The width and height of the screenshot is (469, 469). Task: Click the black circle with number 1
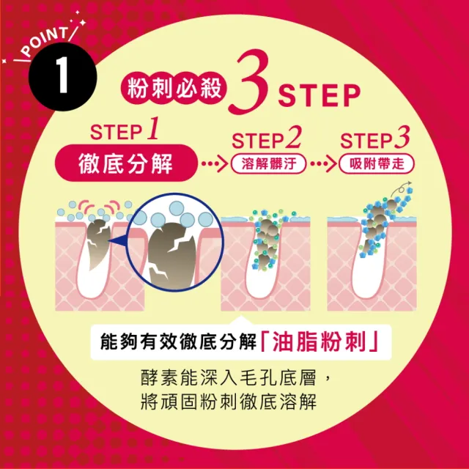coord(63,76)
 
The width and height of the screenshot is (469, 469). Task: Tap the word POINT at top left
coord(45,41)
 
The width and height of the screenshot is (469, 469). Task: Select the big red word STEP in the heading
coord(320,95)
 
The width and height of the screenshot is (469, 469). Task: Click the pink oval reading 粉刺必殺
coord(174,89)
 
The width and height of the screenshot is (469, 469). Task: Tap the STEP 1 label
coord(125,129)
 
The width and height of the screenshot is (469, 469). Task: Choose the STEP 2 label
coord(266,138)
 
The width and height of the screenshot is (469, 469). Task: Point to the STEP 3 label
coord(374,138)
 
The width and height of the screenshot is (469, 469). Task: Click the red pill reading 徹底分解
coord(126,163)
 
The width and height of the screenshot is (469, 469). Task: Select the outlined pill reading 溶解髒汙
coord(269,164)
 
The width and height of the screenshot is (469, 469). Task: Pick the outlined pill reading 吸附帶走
coord(377,164)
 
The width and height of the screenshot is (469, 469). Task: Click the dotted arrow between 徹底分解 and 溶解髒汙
coord(215,163)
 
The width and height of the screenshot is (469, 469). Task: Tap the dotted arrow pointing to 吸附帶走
coord(324,163)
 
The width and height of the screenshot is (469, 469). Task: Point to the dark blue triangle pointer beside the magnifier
coord(117,240)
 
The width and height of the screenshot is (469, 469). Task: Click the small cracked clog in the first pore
coord(98,244)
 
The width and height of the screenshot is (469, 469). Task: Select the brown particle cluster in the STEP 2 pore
coord(266,243)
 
